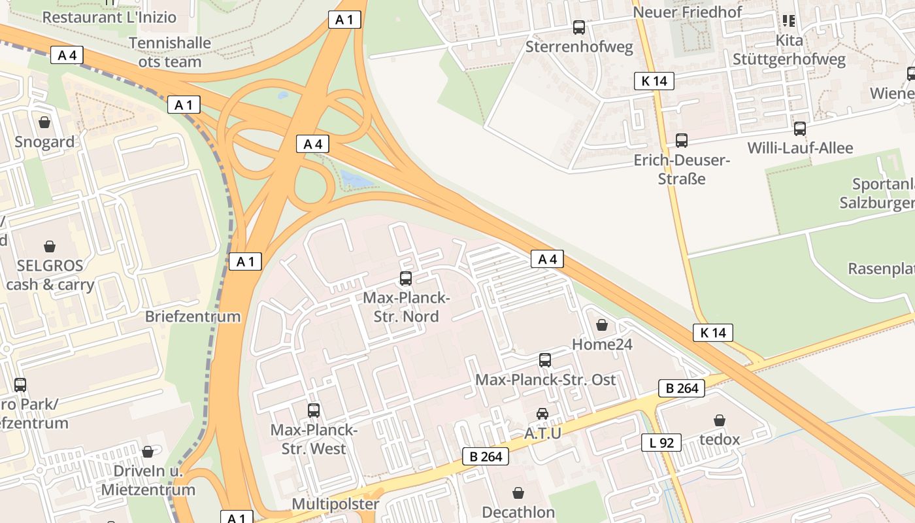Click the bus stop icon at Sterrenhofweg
pos(579,27)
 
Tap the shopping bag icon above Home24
pos(602,325)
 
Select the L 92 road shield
pos(661,443)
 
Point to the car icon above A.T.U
pos(542,413)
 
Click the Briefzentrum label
pos(193,317)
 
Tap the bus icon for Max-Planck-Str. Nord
pos(406,278)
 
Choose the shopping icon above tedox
pos(720,420)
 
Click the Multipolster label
pos(335,504)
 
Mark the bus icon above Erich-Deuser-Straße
pos(682,141)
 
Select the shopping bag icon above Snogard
pos(44,122)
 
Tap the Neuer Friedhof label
pos(688,12)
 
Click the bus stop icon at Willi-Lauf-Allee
pos(800,129)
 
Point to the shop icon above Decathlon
pos(518,493)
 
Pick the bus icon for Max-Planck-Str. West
pos(314,411)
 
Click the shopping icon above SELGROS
pos(50,246)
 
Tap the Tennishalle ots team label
pos(170,52)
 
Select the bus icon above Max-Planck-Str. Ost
pos(545,360)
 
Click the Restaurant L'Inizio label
pos(110,16)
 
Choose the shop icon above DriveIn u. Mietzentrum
pos(148,452)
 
